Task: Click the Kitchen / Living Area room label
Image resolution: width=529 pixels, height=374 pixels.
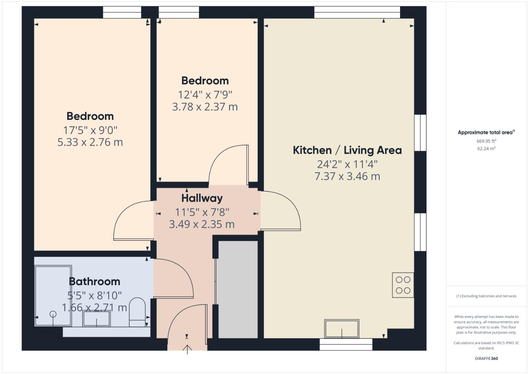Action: pos(347,150)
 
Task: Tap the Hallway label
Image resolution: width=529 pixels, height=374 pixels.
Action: pos(202,198)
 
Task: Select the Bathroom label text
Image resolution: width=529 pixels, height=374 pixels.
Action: pos(94,281)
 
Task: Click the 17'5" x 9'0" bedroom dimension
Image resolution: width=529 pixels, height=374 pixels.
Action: pos(90,130)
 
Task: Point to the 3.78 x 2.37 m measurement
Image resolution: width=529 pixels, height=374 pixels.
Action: pos(205,107)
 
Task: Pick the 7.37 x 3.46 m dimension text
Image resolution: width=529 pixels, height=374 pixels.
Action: pos(347,176)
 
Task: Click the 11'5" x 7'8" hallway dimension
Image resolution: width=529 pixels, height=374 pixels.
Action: pos(202,212)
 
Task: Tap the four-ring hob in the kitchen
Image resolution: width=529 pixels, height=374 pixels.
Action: pos(403,285)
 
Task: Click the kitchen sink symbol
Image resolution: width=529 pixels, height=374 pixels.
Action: pos(342,328)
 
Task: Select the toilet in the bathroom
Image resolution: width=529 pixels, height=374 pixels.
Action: pos(137,312)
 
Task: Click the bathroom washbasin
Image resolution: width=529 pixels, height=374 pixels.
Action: pos(96,318)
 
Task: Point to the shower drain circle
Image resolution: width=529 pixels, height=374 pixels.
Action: pos(53,314)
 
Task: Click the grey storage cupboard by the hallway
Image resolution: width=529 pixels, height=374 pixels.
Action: pos(238,289)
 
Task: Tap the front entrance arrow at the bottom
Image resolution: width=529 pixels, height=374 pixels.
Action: pos(187,349)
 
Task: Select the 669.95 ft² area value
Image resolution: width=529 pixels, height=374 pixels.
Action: pos(486,141)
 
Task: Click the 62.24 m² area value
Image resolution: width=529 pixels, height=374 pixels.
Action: pos(486,149)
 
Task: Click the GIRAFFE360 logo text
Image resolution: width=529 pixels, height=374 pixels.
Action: pos(486,358)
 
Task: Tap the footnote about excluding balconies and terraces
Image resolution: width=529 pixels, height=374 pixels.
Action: pos(486,296)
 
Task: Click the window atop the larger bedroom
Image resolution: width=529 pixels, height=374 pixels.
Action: pos(122,12)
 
